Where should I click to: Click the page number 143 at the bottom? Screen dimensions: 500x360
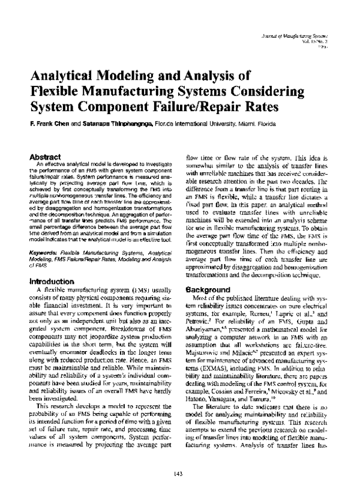click(x=178, y=475)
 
